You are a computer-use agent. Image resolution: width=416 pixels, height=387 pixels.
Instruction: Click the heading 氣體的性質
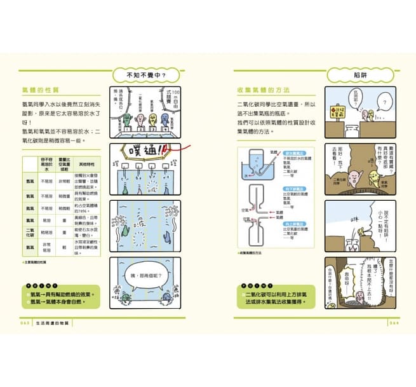[40, 92]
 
